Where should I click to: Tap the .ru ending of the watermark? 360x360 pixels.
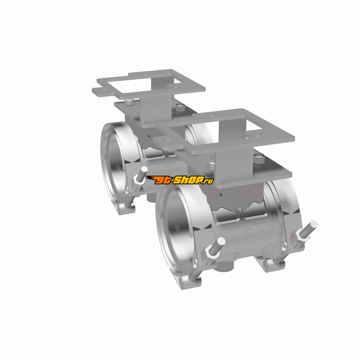(209, 181)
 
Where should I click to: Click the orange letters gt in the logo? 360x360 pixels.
(164, 180)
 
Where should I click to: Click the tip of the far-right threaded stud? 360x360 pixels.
(314, 224)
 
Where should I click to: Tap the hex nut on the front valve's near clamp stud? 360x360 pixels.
(210, 252)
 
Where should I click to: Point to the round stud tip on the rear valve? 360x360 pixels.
(144, 170)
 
